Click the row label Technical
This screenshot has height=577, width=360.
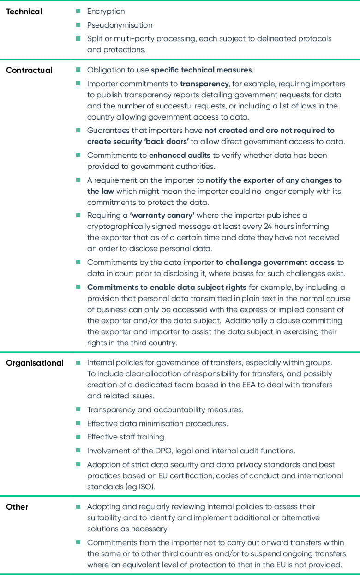(x=24, y=11)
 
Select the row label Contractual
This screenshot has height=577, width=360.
(x=29, y=70)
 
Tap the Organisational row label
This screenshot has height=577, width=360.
(x=35, y=363)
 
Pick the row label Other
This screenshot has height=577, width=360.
(x=17, y=507)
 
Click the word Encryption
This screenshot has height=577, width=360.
(x=106, y=11)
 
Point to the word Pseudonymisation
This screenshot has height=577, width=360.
(x=120, y=25)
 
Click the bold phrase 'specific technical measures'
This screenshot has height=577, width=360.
(x=201, y=70)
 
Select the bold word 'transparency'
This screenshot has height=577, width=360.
(x=204, y=84)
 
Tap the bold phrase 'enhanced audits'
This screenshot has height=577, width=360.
(x=180, y=156)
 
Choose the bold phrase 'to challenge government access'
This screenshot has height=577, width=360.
(x=275, y=262)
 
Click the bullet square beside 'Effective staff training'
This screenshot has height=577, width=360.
(x=78, y=437)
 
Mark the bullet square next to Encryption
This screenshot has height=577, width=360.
(x=78, y=11)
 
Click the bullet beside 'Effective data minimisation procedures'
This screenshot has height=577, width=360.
(x=78, y=423)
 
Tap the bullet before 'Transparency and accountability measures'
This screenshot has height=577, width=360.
(x=78, y=409)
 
